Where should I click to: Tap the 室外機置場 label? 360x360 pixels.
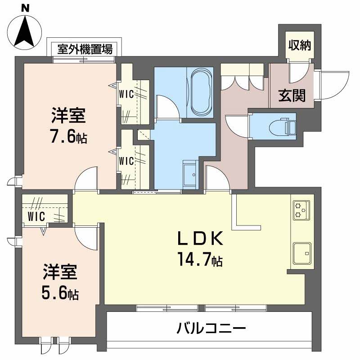(85, 49)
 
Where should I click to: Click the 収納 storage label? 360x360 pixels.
(300, 45)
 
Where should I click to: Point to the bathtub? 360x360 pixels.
(201, 92)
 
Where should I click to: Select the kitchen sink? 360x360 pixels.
(301, 253)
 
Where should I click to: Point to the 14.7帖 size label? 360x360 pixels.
(199, 260)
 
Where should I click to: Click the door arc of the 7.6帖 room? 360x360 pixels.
(87, 179)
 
